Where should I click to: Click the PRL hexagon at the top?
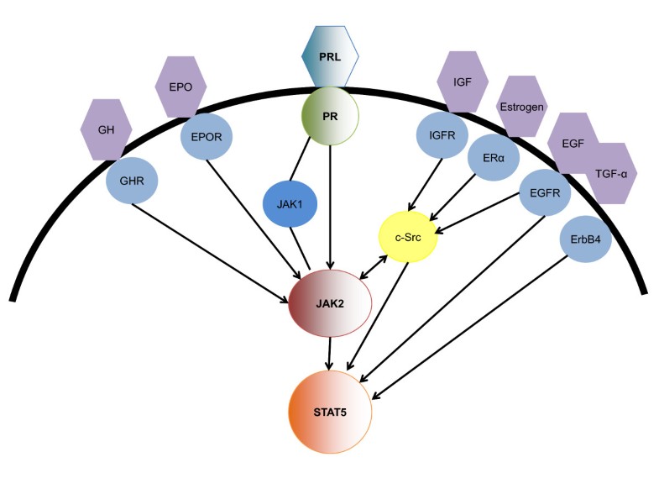point(330,56)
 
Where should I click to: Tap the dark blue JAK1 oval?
point(290,203)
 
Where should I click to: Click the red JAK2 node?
point(330,303)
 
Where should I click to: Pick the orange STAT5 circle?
point(330,412)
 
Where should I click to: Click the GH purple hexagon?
point(107,130)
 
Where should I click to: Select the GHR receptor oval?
point(133,181)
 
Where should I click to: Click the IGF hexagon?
point(463,81)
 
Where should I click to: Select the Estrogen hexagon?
point(522,107)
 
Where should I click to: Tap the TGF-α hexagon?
point(610,173)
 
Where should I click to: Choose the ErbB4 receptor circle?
point(586,238)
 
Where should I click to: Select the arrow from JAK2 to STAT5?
point(330,353)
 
